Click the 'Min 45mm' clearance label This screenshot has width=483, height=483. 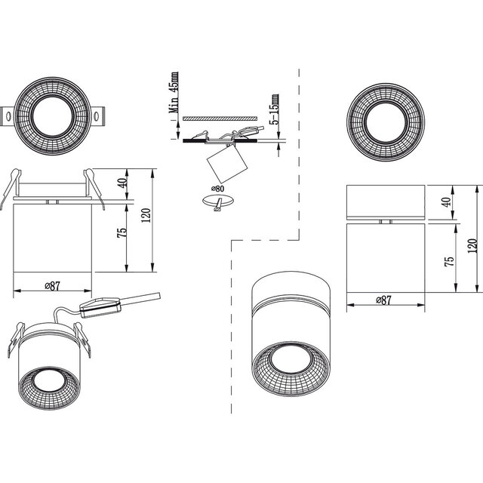[174, 92]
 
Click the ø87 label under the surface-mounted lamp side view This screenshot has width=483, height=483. [383, 300]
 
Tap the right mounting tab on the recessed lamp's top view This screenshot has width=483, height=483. [99, 115]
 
